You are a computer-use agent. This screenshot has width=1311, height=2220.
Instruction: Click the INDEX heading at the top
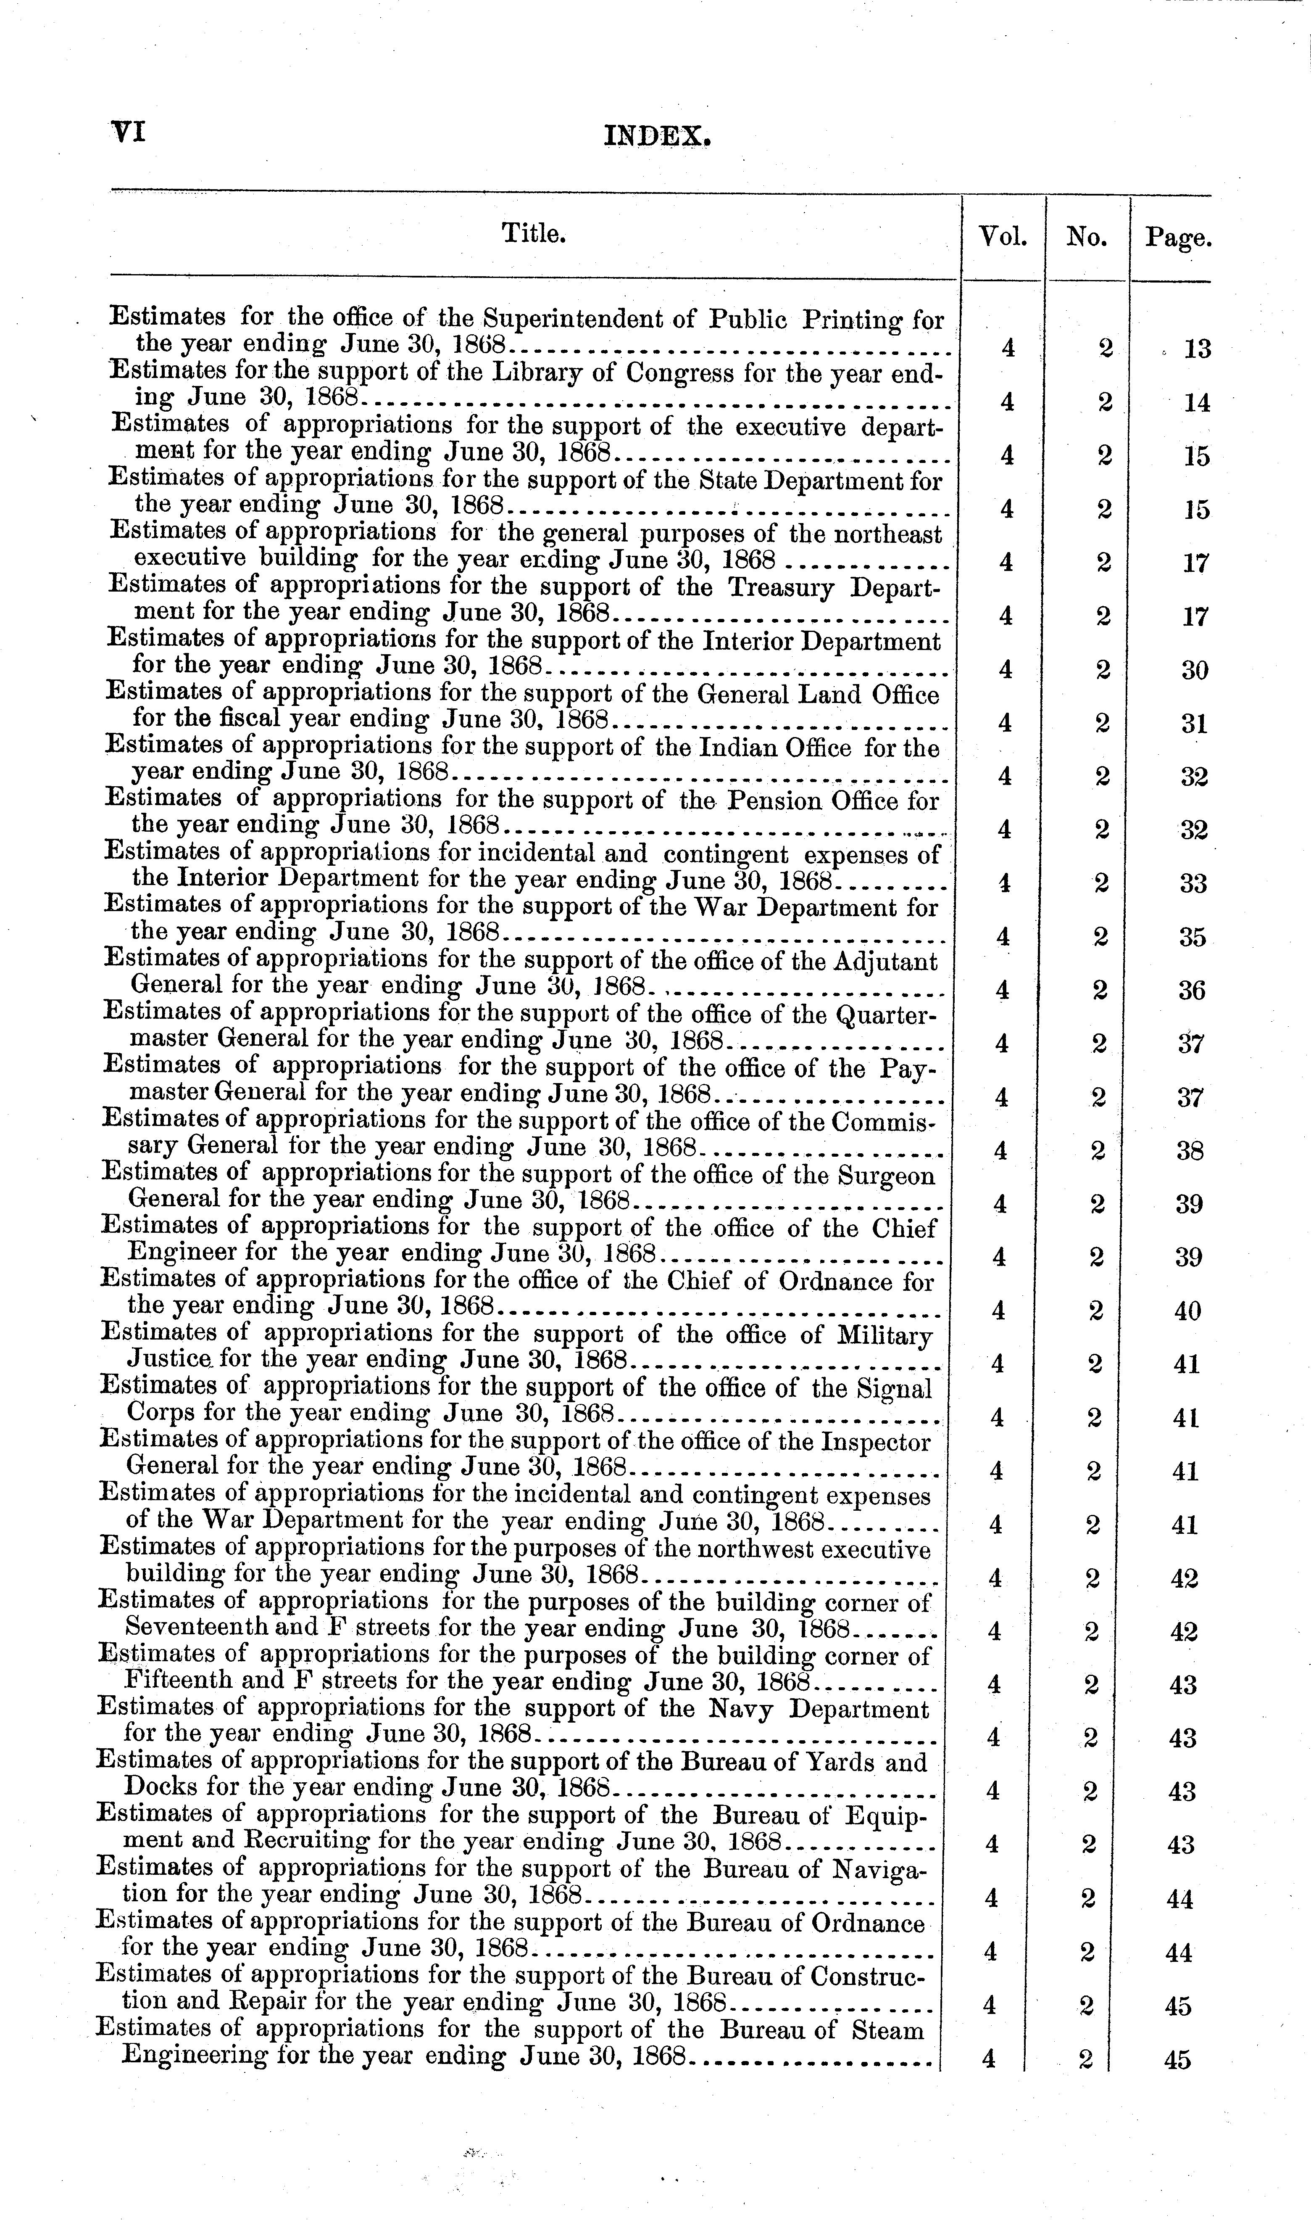point(657,137)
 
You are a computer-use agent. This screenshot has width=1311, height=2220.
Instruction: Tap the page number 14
point(1197,403)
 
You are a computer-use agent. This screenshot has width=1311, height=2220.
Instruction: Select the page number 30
point(1195,671)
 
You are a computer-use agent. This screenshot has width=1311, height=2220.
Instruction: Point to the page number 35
point(1193,938)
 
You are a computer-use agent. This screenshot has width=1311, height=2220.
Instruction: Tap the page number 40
point(1188,1311)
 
